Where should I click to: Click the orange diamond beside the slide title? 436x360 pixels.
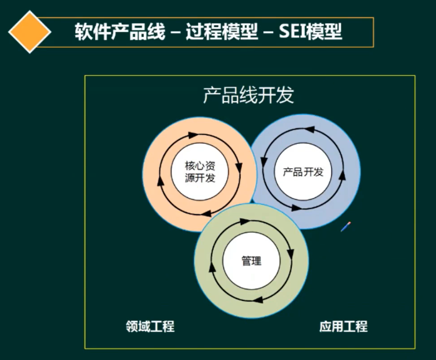[30, 32]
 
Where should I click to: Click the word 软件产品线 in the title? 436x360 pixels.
[119, 32]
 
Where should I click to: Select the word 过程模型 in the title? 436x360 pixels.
[221, 32]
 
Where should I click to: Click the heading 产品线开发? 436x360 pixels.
[249, 96]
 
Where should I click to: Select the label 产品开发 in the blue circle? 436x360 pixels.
[303, 172]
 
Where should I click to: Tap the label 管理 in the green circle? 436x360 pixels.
[251, 261]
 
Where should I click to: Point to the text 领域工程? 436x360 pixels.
[150, 327]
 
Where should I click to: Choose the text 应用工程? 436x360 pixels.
[343, 327]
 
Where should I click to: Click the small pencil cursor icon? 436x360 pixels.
[345, 227]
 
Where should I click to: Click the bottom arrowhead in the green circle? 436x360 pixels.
[260, 300]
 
